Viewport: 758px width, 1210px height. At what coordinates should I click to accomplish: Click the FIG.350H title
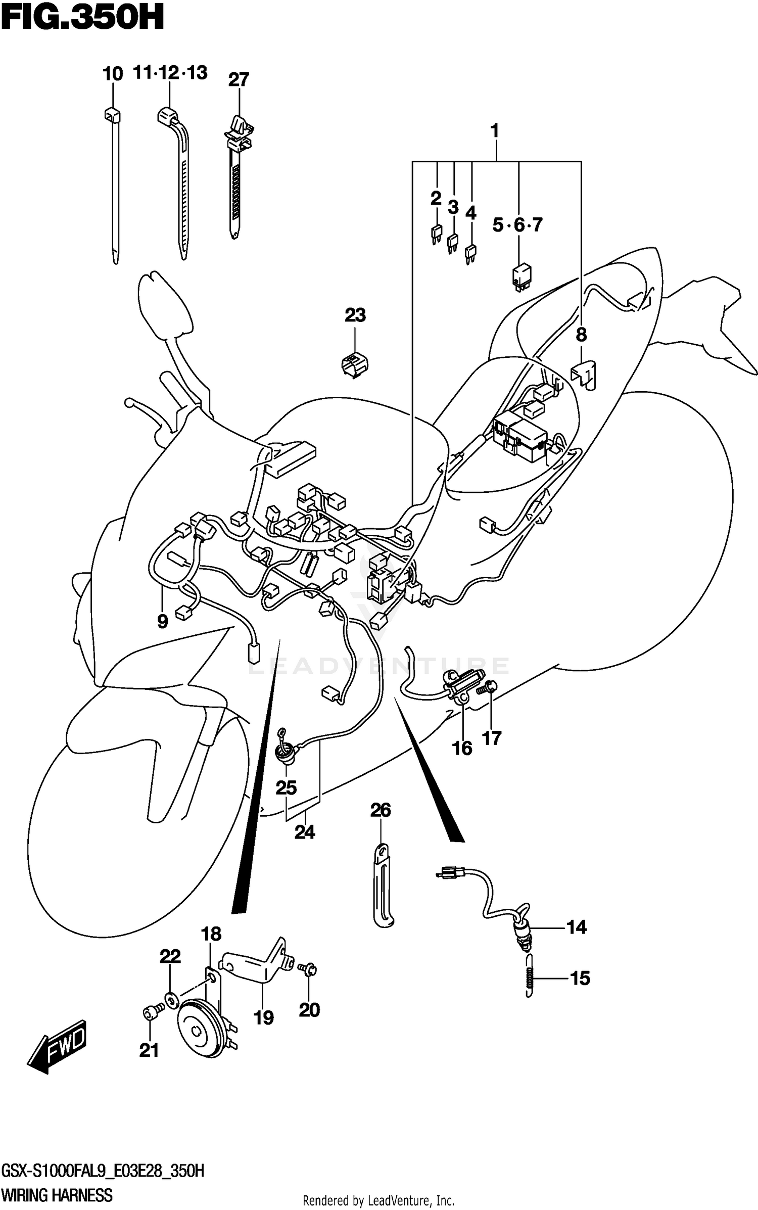82,19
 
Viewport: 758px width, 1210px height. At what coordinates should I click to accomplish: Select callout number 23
355,315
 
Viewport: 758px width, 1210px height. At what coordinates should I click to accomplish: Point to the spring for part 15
529,978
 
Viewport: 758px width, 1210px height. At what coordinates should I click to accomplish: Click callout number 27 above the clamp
239,80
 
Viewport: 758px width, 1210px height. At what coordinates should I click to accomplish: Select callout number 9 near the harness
162,621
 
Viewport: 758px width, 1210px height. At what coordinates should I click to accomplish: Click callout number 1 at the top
495,131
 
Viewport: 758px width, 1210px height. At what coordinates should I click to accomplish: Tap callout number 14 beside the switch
576,927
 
